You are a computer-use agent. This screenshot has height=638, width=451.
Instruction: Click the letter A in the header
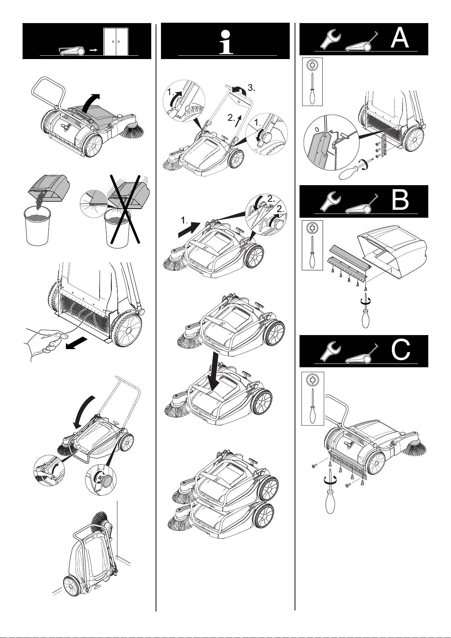point(400,38)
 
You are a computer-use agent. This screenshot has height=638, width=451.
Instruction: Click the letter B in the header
point(400,201)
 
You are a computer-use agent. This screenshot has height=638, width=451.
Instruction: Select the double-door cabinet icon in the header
point(116,41)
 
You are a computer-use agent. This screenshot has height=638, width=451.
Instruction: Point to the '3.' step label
point(251,88)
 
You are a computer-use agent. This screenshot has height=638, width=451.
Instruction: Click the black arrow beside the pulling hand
point(77,343)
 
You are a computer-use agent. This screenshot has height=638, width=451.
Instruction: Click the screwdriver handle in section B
point(365,318)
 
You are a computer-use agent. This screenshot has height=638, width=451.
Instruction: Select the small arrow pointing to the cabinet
point(94,50)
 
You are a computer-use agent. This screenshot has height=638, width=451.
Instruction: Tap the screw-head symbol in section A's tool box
point(312,66)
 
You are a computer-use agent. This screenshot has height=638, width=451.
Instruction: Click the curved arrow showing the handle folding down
point(84,410)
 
